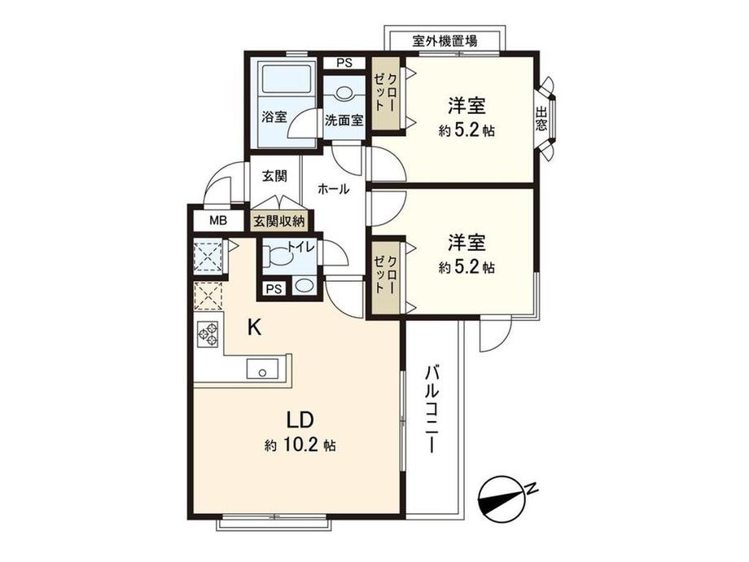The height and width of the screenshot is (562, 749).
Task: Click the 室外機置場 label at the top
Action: (445, 40)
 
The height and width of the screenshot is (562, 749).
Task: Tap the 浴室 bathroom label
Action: (274, 116)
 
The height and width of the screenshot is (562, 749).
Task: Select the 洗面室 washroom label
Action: (344, 120)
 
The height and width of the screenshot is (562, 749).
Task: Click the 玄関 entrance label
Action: (274, 175)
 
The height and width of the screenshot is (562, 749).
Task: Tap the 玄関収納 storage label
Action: (278, 221)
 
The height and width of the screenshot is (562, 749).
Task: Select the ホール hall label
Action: (334, 189)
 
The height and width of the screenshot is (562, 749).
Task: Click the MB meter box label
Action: (218, 221)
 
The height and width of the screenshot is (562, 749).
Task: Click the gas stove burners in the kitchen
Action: (208, 335)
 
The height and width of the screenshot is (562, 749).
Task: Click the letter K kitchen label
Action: (254, 327)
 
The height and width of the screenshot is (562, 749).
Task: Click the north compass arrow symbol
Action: (507, 497)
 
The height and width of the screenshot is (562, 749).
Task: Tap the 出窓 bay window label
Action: (542, 120)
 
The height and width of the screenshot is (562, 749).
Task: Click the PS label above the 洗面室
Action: (344, 63)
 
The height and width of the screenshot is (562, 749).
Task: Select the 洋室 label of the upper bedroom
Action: (466, 106)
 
